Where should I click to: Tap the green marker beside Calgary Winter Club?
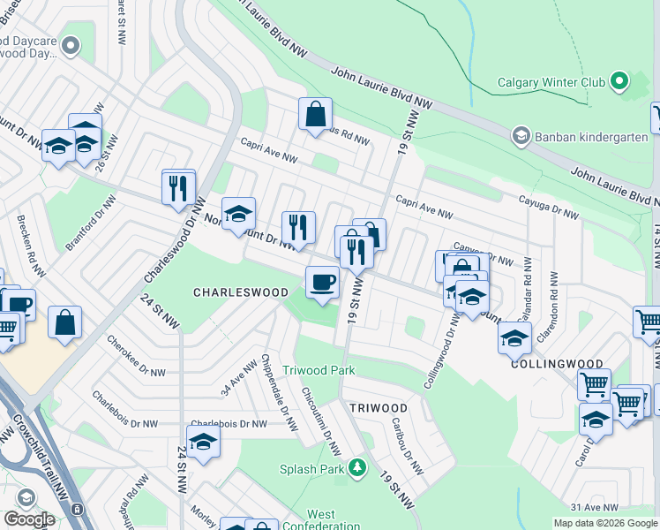click(619, 82)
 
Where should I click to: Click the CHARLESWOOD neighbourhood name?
click(241, 292)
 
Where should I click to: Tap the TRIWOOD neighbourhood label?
click(378, 408)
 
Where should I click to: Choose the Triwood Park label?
click(319, 370)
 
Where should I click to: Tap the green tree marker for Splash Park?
click(357, 467)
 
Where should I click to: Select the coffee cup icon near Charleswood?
click(321, 283)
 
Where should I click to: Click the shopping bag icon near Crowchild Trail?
click(65, 323)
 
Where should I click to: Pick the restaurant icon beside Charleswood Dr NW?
click(178, 188)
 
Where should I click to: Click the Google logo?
click(29, 519)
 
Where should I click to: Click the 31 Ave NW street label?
click(596, 507)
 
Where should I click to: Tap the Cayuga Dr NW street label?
click(548, 208)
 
